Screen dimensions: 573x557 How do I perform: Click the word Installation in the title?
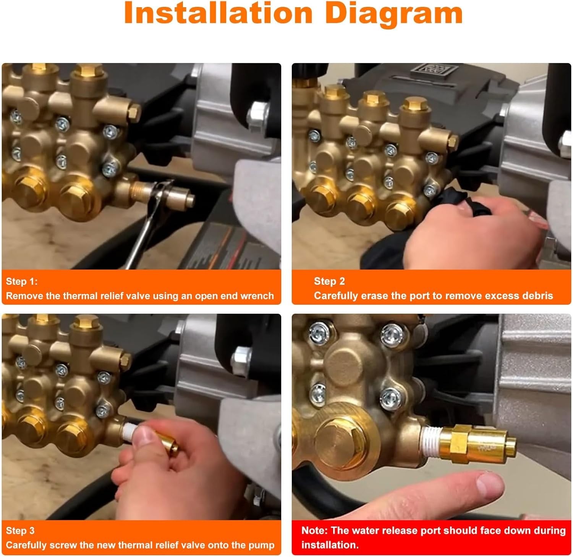coord(219,14)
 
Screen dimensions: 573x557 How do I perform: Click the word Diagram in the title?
coord(395,14)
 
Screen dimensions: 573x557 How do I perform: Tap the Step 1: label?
coord(22,282)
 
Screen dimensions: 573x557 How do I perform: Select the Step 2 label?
coord(329,281)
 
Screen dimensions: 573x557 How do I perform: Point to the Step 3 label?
coord(20,531)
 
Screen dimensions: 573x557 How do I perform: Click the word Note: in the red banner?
coord(314,531)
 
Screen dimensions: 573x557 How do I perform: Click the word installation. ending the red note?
coord(330,545)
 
